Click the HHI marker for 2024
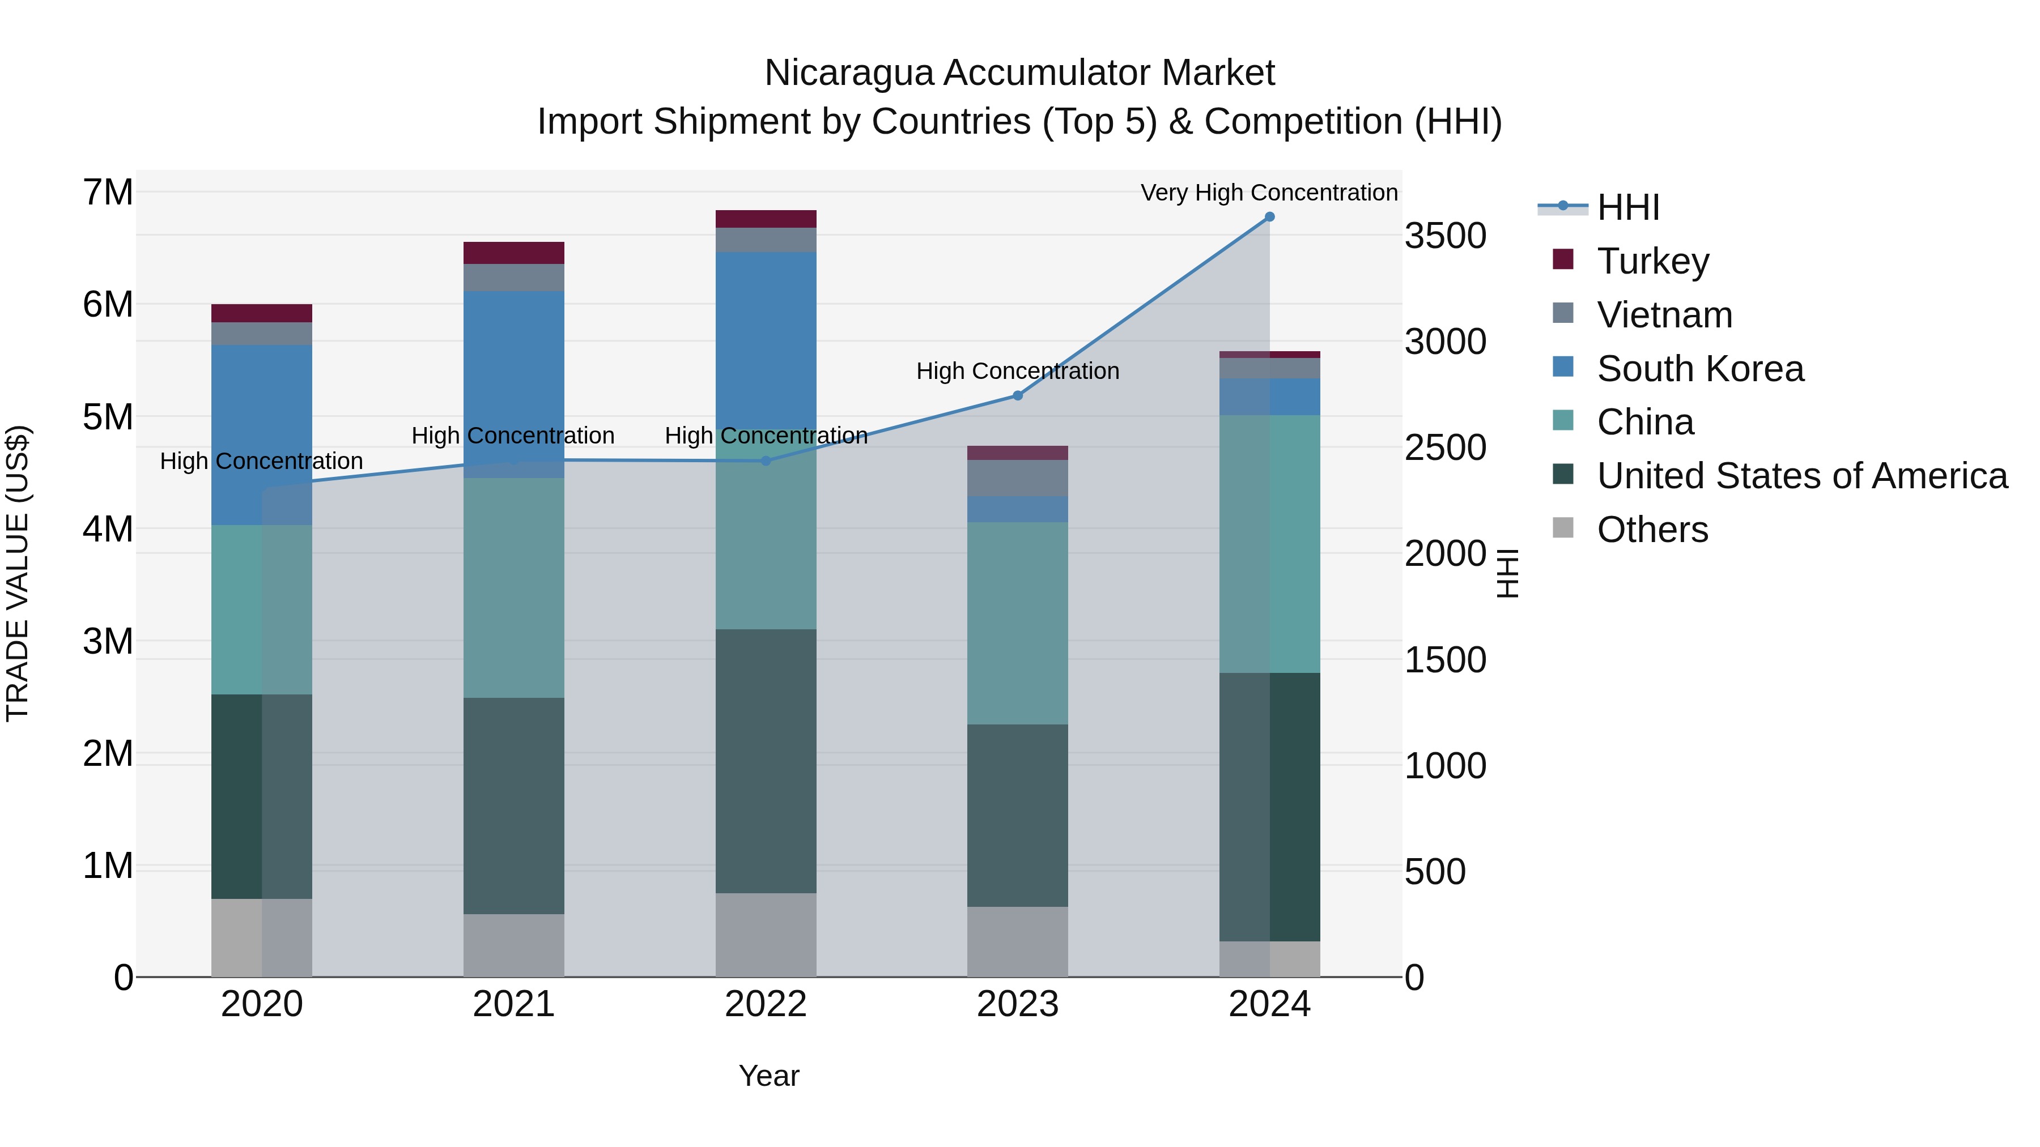[x=1269, y=217]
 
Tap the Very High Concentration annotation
[x=1269, y=193]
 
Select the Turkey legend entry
[x=1653, y=261]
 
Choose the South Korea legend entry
[x=1699, y=368]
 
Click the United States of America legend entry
[x=1801, y=476]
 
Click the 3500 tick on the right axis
[x=1445, y=236]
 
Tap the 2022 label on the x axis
[x=765, y=1004]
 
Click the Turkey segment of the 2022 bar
[x=765, y=219]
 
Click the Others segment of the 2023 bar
[x=1018, y=941]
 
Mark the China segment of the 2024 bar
[x=1269, y=544]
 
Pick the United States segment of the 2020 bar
[x=261, y=796]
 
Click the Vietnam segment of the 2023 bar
[x=1018, y=478]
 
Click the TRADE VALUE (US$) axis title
[x=18, y=573]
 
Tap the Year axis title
[x=768, y=1076]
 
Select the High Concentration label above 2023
[x=1018, y=370]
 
